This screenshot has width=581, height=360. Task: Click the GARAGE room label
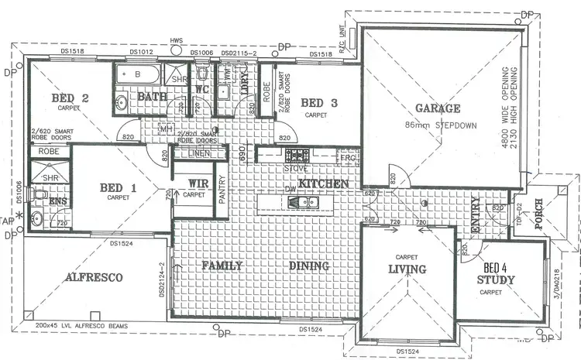tap(437, 108)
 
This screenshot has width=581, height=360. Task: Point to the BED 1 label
tap(119, 187)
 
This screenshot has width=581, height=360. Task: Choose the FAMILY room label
tap(222, 266)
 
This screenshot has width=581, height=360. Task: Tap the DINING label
tap(310, 266)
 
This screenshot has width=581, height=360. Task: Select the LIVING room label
tap(407, 269)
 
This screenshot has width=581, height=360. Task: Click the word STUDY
tap(496, 279)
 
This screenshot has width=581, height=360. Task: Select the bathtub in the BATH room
tap(137, 76)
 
